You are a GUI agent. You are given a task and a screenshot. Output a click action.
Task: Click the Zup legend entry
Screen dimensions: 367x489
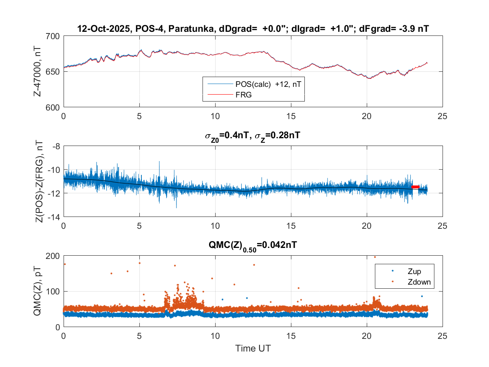[413, 271]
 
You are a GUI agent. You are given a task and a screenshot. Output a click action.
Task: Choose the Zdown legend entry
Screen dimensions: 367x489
[417, 281]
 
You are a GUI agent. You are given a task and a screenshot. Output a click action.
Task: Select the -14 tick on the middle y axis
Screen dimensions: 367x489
[55, 217]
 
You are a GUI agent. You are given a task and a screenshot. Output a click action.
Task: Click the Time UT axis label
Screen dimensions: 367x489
[253, 348]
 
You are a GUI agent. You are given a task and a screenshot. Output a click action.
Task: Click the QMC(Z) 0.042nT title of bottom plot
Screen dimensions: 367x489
[253, 245]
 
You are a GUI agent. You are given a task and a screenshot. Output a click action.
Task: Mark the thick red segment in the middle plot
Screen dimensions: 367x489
[415, 187]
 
